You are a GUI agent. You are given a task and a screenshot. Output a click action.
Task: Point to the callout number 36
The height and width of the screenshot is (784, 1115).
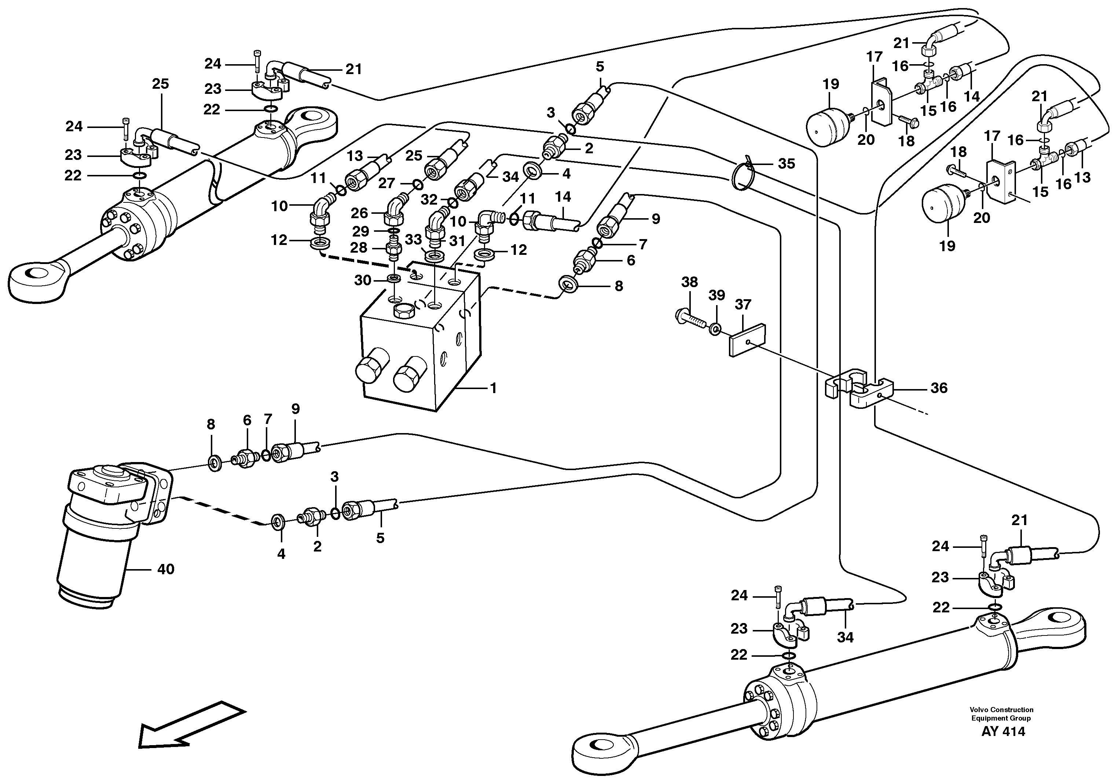pyautogui.click(x=939, y=388)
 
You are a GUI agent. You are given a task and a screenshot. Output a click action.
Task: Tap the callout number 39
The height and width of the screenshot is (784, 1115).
pyautogui.click(x=716, y=295)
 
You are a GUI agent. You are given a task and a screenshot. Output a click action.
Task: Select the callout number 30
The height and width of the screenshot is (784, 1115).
pyautogui.click(x=363, y=280)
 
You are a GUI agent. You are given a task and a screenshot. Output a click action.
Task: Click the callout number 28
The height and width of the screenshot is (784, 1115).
pyautogui.click(x=359, y=248)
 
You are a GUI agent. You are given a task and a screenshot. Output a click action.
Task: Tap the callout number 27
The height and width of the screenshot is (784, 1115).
pyautogui.click(x=387, y=183)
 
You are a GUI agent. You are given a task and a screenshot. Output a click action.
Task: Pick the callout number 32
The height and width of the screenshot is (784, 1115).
pyautogui.click(x=429, y=199)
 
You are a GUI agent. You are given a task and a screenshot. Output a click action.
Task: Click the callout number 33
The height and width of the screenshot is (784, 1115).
pyautogui.click(x=413, y=239)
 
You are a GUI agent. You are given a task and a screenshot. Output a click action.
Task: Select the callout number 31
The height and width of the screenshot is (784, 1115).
pyautogui.click(x=457, y=241)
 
